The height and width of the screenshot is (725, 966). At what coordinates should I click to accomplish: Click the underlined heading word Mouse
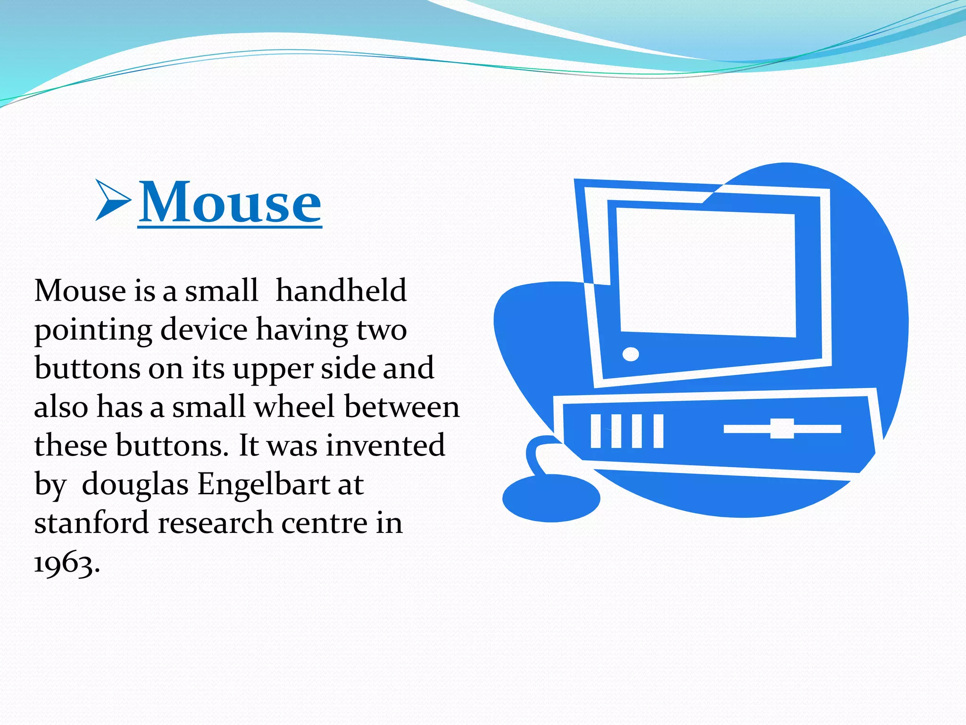pyautogui.click(x=230, y=202)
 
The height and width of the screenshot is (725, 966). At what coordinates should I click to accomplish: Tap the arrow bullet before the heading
pyautogui.click(x=112, y=200)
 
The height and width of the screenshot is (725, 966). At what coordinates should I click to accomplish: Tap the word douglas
pyautogui.click(x=135, y=484)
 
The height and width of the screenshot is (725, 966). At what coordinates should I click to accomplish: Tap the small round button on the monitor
pyautogui.click(x=631, y=354)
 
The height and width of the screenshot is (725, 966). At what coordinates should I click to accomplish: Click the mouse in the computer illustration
pyautogui.click(x=551, y=498)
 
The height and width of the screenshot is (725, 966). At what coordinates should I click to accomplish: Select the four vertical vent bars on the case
pyautogui.click(x=627, y=431)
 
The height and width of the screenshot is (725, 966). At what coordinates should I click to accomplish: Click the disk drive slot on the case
pyautogui.click(x=782, y=429)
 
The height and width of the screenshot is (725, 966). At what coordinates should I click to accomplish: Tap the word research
pyautogui.click(x=215, y=523)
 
